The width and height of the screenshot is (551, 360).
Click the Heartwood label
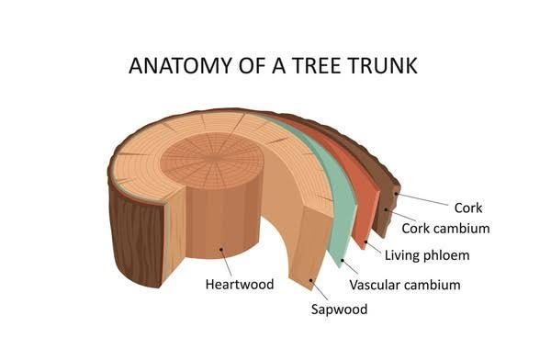[x=240, y=284]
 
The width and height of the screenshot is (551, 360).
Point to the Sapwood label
[x=339, y=309]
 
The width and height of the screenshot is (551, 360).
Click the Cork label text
[x=467, y=208]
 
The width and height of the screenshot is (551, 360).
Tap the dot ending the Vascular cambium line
[x=343, y=261]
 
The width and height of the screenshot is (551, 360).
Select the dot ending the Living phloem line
[x=366, y=242]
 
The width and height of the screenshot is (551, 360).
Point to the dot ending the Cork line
[x=398, y=194]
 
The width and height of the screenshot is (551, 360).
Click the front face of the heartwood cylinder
[x=220, y=230]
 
